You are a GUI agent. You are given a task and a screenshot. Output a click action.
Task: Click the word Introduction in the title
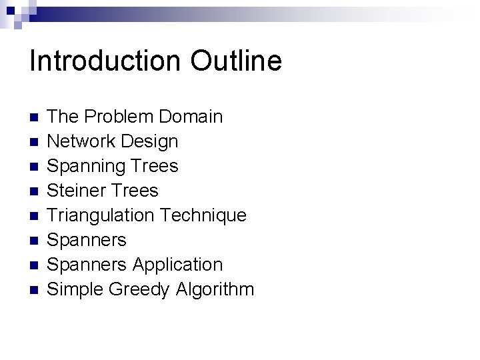tap(105, 61)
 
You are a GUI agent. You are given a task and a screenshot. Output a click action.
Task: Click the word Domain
tap(191, 117)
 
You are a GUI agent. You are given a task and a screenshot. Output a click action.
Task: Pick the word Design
tap(151, 141)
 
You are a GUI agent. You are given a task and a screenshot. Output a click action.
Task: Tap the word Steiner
tap(77, 191)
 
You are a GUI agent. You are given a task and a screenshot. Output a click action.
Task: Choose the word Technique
tap(204, 215)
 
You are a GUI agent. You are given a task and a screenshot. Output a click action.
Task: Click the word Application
tap(177, 265)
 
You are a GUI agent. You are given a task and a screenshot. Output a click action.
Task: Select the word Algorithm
tap(215, 289)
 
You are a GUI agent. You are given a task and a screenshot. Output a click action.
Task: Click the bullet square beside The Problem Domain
tap(35, 118)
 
